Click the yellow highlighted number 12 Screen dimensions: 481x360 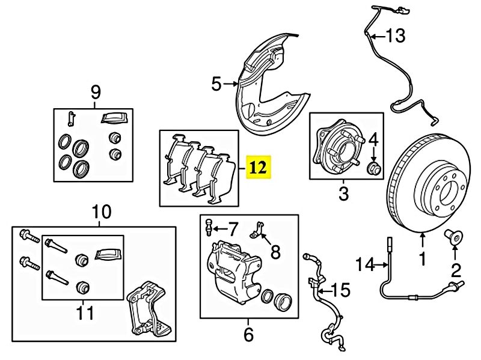pyautogui.click(x=259, y=168)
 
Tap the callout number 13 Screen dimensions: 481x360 pyautogui.click(x=396, y=36)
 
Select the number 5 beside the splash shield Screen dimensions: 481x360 pyautogui.click(x=216, y=84)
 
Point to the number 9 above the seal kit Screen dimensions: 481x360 pyautogui.click(x=96, y=92)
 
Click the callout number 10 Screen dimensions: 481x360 pyautogui.click(x=101, y=212)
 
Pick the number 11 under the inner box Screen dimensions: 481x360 pyautogui.click(x=85, y=313)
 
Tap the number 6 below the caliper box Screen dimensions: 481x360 pyautogui.click(x=248, y=334)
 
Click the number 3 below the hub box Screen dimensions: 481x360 pyautogui.click(x=343, y=194)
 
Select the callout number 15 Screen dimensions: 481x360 pyautogui.click(x=340, y=290)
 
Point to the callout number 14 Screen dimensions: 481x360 pyautogui.click(x=365, y=264)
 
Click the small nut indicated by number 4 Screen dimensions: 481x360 pyautogui.click(x=374, y=168)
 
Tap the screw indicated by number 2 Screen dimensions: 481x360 pyautogui.click(x=454, y=237)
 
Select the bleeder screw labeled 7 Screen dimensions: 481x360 pyautogui.click(x=209, y=227)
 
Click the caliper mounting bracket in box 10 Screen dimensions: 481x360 pyautogui.click(x=150, y=310)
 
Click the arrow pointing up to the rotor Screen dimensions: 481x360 pyautogui.click(x=423, y=241)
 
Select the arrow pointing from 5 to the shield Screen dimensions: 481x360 pyautogui.click(x=231, y=84)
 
